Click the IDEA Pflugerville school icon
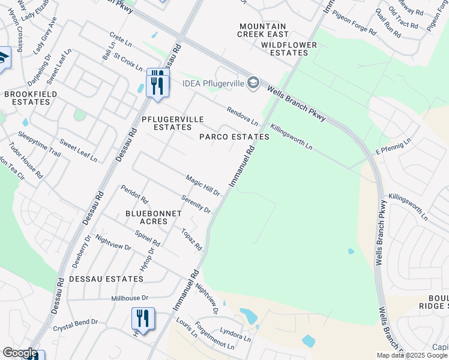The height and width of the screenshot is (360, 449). point(253,82)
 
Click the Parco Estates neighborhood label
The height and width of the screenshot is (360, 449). point(234,137)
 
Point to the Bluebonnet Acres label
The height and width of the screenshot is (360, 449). point(145,217)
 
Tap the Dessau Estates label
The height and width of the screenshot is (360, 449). point(106,279)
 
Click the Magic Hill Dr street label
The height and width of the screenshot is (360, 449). point(203,185)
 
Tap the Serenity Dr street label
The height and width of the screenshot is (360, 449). point(196,204)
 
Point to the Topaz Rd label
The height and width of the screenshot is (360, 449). point(192,238)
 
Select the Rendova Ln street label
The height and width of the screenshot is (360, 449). point(242,116)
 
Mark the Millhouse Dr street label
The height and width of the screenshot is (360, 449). point(130,298)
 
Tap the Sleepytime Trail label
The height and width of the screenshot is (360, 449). point(40,144)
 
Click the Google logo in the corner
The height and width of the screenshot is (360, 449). point(20,353)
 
